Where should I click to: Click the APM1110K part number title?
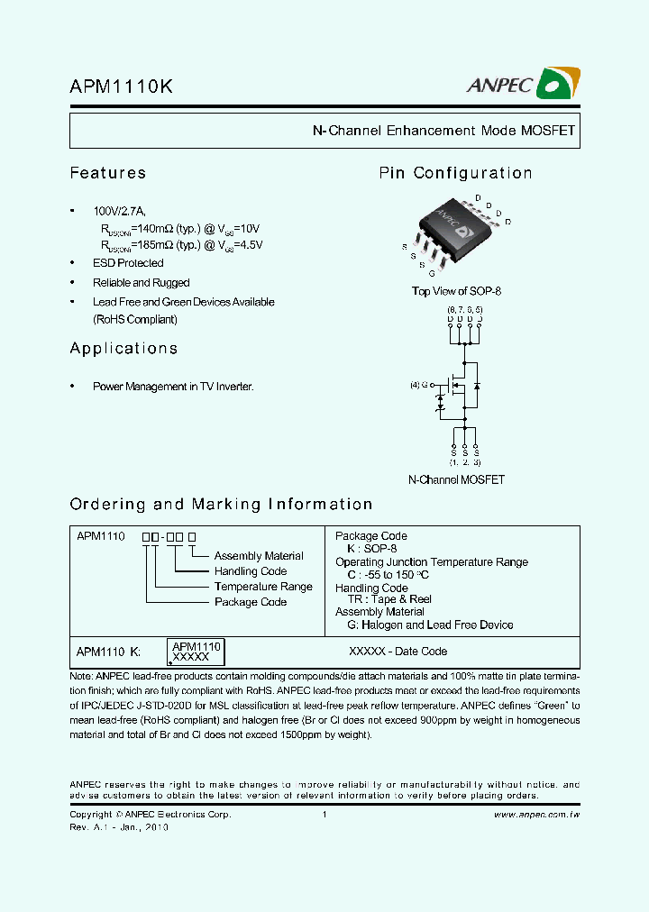[122, 87]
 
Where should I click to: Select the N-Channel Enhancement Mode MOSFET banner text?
[443, 131]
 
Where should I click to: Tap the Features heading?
[108, 173]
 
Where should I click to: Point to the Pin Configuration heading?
[455, 173]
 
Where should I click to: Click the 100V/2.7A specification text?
[117, 211]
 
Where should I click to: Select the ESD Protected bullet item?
[128, 263]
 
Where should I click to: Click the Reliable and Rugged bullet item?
[141, 283]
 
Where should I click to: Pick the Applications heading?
[123, 349]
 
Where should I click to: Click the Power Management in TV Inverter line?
[173, 387]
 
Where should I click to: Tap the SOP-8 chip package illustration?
[455, 234]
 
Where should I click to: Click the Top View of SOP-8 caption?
[455, 291]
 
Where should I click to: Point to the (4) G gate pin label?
[421, 385]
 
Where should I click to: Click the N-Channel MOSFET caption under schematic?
[456, 480]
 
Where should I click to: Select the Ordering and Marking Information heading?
[221, 505]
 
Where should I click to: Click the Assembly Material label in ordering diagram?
[259, 556]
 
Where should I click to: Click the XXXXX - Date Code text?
[398, 651]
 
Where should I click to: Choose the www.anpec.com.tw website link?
[536, 815]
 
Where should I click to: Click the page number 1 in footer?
[324, 815]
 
